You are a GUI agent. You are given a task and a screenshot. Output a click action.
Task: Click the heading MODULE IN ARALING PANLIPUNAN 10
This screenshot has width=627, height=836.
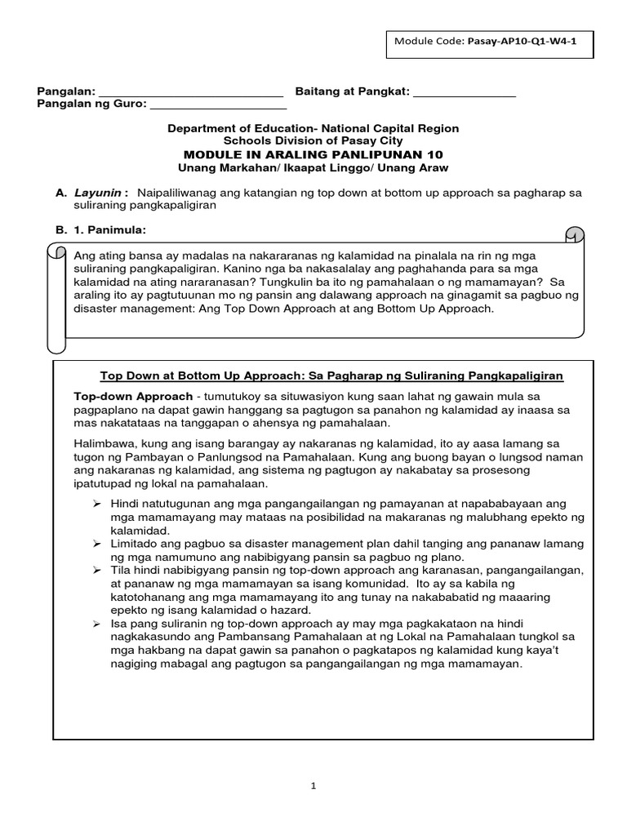[313, 154]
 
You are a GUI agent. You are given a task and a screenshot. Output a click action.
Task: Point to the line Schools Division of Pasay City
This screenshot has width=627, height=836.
[313, 141]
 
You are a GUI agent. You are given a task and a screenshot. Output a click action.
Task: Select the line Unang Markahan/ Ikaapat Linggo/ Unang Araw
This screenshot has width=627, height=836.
[313, 167]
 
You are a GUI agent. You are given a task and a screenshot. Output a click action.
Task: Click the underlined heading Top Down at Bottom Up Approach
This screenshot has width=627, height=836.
[331, 376]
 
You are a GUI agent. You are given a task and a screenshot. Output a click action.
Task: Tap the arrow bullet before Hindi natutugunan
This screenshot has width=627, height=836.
[97, 504]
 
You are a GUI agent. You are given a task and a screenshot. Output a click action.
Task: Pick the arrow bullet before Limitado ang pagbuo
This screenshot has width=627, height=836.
[97, 543]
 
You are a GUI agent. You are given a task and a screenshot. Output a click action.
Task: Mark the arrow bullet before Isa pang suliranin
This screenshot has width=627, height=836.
[97, 623]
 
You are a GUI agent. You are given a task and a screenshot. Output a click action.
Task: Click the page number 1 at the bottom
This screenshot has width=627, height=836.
[313, 786]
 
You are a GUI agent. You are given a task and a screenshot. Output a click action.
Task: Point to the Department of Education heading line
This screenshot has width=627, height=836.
[313, 128]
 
